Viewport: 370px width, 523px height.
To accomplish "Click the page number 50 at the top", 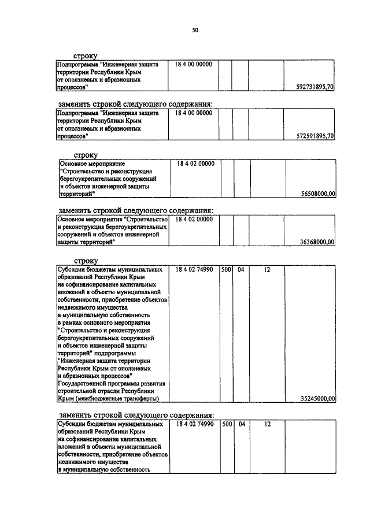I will [x=195, y=31].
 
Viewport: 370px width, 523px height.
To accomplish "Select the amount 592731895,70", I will [x=314, y=87].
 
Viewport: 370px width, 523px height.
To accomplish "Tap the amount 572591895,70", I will [x=314, y=136].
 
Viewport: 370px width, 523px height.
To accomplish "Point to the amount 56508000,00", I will [x=318, y=194].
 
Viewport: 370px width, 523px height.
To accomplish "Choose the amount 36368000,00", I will [x=318, y=243].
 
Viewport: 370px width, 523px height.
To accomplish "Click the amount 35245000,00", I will [x=318, y=398].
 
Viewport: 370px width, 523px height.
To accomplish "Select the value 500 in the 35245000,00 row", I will [x=227, y=269].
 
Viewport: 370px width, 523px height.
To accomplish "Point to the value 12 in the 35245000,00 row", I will [x=267, y=269].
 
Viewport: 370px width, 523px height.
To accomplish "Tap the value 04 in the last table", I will [x=242, y=424].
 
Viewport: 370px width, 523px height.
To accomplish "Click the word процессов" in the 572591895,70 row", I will [x=72, y=136].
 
